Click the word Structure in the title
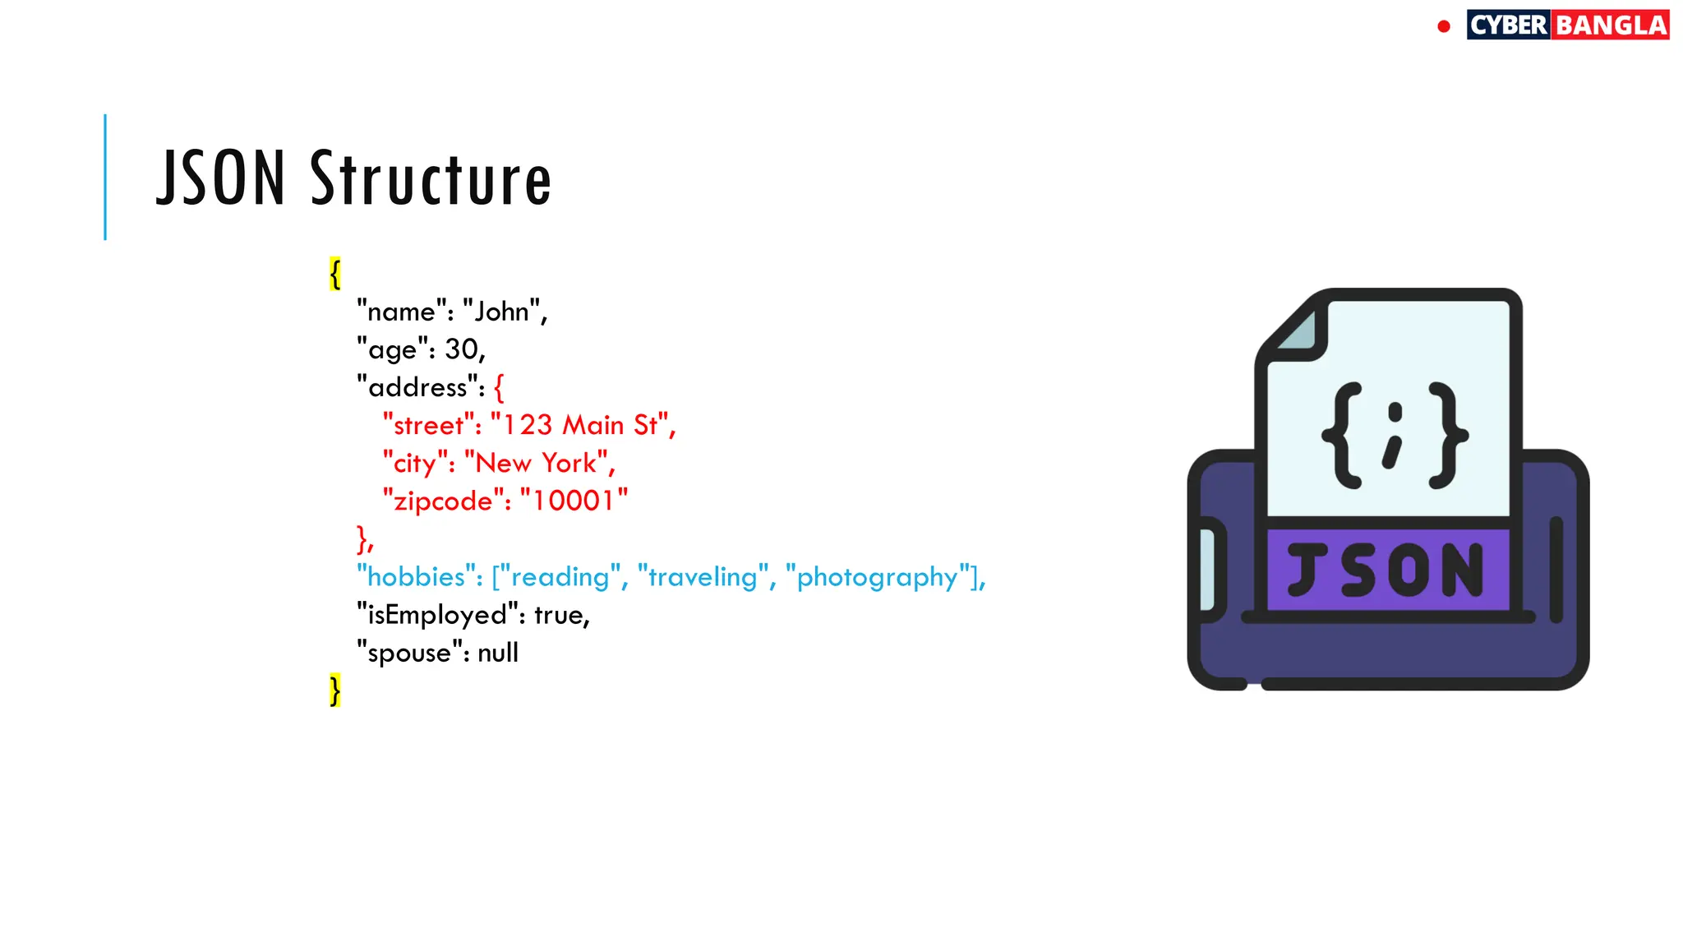431,178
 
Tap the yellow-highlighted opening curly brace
335,274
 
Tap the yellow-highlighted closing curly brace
335,691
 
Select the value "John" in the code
501,312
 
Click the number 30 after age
461,349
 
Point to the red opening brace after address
499,387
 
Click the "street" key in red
428,426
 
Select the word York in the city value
569,464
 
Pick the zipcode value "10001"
574,501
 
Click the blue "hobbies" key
416,577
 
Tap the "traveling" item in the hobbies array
703,577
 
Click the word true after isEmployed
559,615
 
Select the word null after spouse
498,653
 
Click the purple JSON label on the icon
1386,570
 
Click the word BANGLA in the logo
1612,25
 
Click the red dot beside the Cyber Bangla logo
1444,26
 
